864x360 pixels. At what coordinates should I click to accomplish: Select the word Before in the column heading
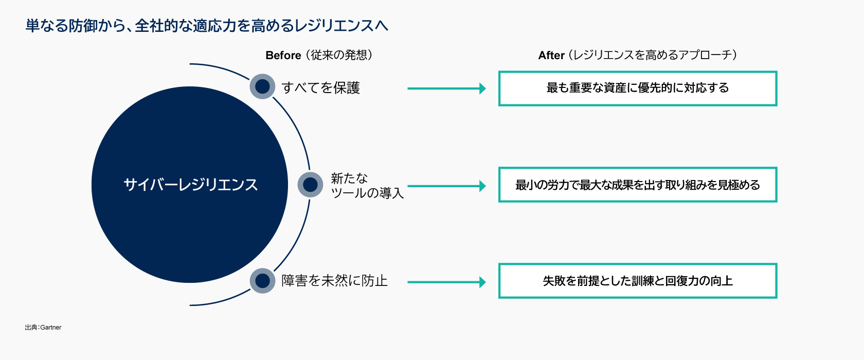[x=283, y=56]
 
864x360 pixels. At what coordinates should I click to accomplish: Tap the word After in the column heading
[x=551, y=56]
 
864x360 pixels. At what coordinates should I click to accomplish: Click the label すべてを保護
[x=321, y=88]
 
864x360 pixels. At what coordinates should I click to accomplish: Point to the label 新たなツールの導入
[x=367, y=186]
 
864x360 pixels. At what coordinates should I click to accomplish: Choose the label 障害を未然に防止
[x=334, y=281]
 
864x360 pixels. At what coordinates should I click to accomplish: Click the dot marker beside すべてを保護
[x=262, y=86]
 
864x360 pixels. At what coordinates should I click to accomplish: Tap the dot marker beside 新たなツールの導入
[x=310, y=185]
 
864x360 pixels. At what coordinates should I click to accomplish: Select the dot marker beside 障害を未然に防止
[x=262, y=281]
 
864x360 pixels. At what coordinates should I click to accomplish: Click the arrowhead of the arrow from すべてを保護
[x=482, y=88]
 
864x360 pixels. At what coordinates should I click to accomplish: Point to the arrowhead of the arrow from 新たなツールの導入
[x=482, y=186]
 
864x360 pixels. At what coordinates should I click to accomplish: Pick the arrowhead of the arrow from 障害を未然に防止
[x=482, y=282]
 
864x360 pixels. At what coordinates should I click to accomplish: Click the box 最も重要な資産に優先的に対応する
[x=637, y=88]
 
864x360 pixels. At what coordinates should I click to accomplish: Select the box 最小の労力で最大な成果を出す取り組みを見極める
[x=637, y=185]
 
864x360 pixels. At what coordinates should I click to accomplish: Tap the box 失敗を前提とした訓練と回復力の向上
[x=637, y=281]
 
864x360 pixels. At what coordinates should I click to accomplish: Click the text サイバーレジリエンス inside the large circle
[x=190, y=185]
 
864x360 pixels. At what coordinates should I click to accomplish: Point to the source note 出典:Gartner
[x=43, y=327]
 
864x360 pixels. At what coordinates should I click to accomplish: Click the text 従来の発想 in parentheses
[x=339, y=55]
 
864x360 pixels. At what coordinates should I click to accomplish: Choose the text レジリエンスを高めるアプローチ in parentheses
[x=652, y=55]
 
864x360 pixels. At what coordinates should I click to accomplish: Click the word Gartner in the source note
[x=51, y=327]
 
